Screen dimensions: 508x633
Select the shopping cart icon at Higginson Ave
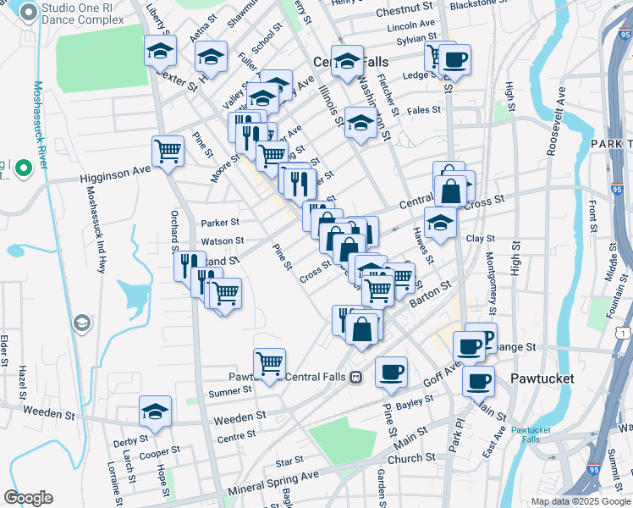point(168,151)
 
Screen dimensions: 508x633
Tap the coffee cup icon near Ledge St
point(454,59)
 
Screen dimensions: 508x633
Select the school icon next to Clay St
point(440,223)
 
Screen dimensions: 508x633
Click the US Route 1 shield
point(622,334)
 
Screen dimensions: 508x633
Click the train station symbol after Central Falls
point(356,377)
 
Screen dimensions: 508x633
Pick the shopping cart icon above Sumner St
point(269,363)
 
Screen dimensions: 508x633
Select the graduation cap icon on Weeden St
point(155,411)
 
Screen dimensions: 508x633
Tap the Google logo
point(28,497)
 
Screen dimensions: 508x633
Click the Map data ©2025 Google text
point(580,501)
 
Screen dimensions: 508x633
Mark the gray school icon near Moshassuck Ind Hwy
point(81,323)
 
